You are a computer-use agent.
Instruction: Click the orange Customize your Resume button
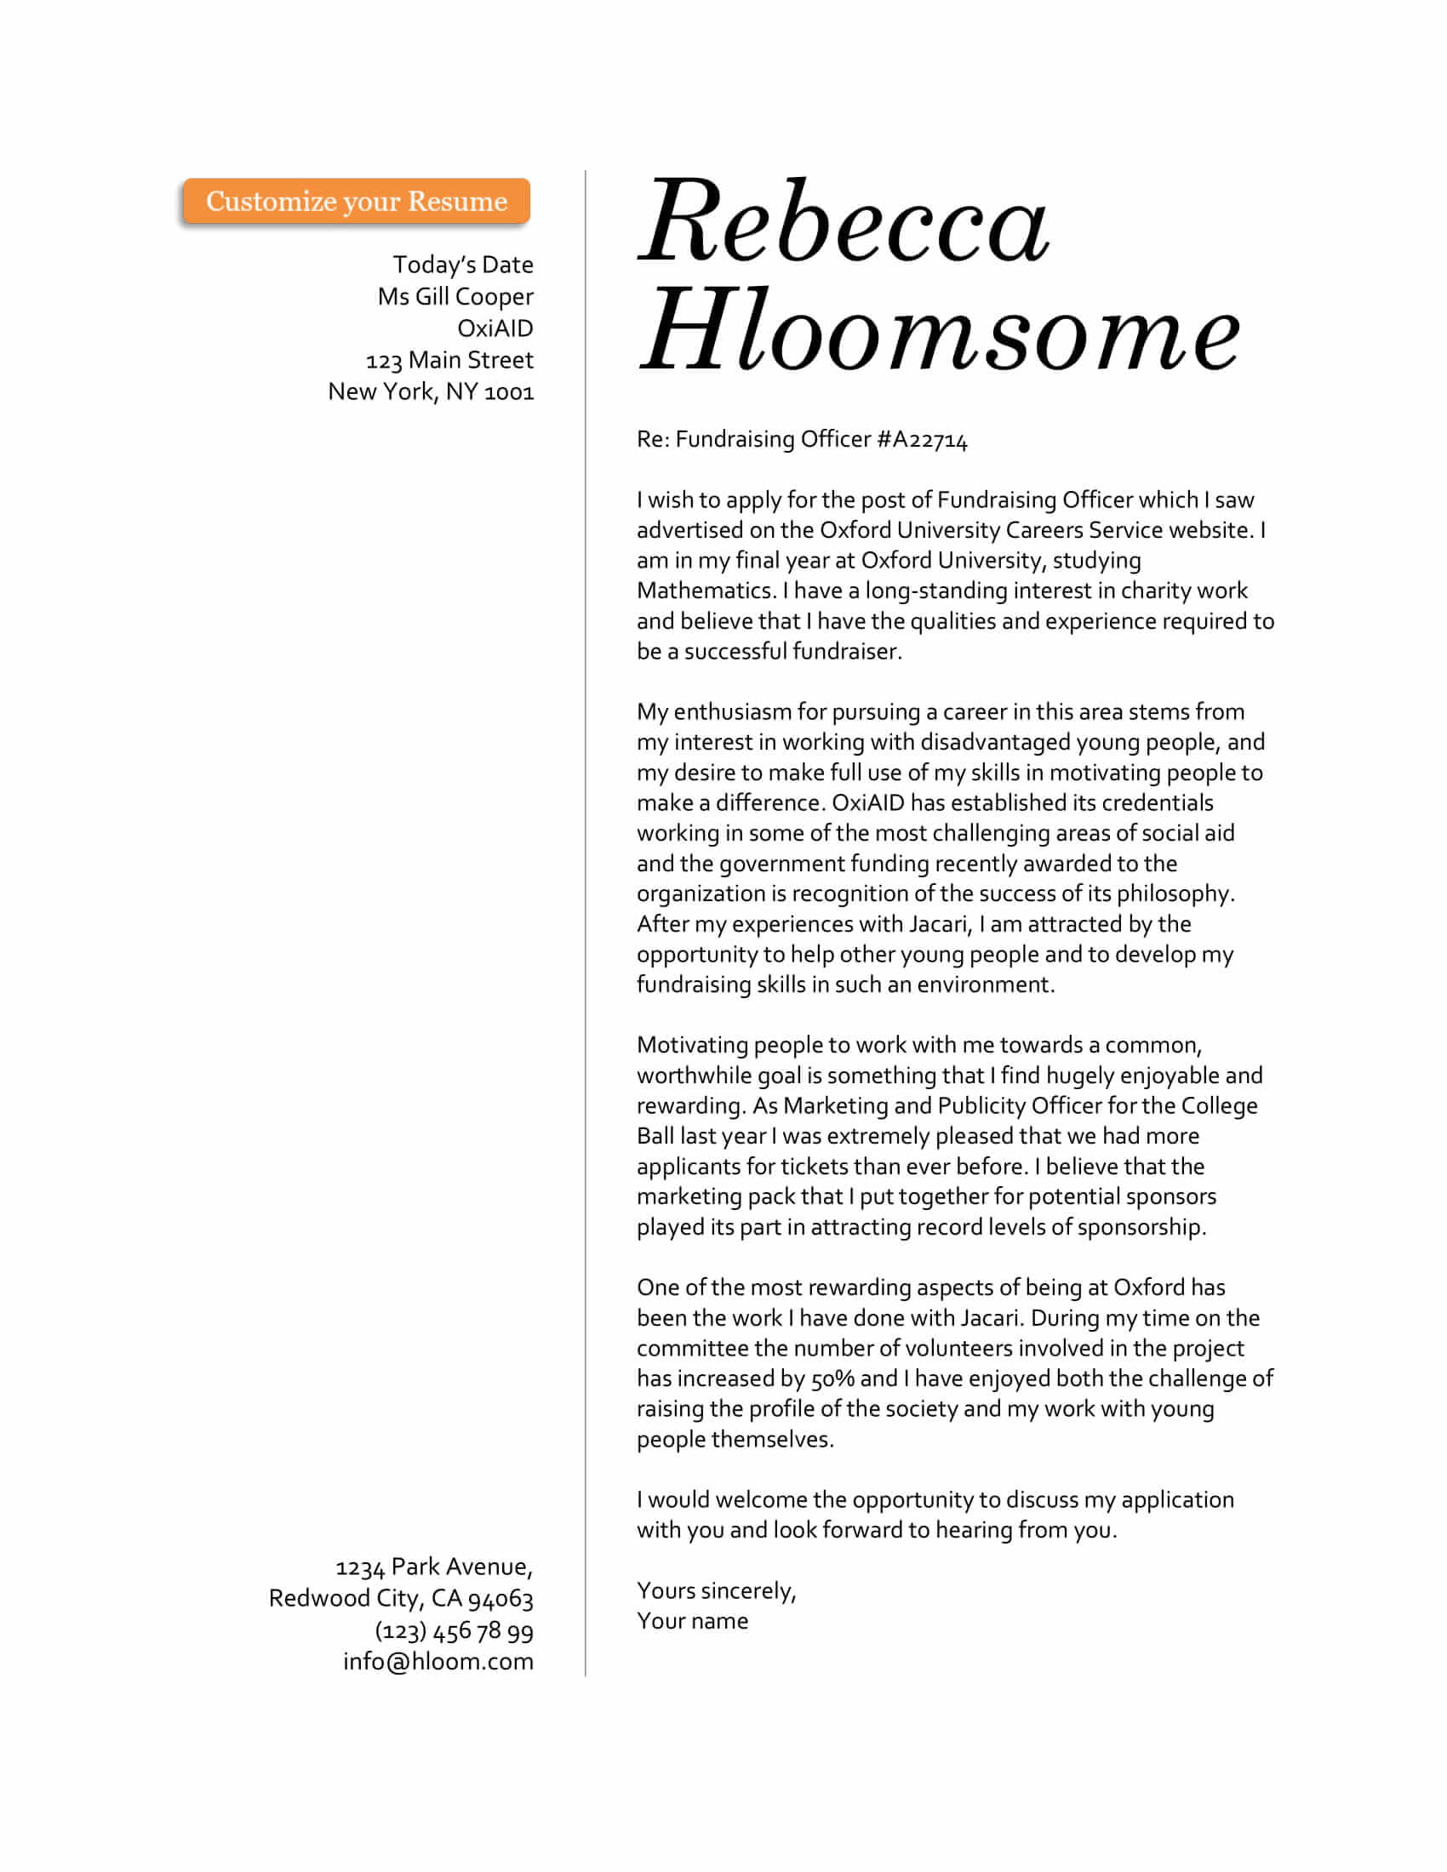(356, 202)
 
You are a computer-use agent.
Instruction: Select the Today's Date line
(463, 265)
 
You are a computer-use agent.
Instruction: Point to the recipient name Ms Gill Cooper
(455, 297)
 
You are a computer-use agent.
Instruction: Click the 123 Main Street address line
(449, 360)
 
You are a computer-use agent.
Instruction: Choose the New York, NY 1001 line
(431, 391)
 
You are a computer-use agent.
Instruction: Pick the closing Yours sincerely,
(716, 1591)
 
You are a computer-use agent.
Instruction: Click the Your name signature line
(692, 1621)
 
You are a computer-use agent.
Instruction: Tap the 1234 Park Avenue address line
(434, 1567)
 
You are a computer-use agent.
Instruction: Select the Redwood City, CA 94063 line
(400, 1599)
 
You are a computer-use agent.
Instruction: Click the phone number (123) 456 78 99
(454, 1630)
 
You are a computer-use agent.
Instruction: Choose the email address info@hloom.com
(438, 1662)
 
